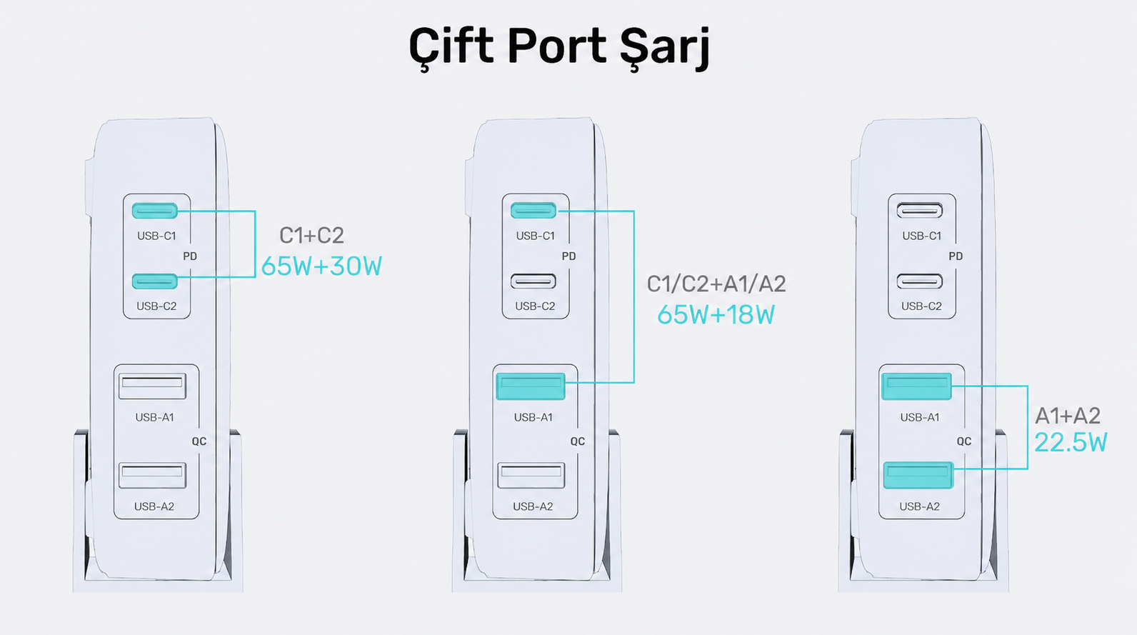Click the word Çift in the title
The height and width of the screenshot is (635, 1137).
451,46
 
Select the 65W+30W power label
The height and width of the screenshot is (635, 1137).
322,266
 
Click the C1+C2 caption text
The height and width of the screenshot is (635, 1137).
311,236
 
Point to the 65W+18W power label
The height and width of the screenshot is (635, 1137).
716,314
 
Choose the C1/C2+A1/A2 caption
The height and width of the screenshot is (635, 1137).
716,284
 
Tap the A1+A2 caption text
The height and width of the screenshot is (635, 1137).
1068,416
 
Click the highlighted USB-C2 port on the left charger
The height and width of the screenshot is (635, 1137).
155,281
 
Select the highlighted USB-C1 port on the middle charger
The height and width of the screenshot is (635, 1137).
534,210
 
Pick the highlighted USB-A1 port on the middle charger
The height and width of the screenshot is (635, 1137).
531,386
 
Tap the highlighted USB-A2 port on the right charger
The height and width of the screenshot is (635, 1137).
918,475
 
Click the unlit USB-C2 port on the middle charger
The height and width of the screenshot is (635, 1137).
534,281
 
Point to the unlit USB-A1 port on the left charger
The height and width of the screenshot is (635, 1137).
152,386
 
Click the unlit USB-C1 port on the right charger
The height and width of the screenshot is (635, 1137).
920,210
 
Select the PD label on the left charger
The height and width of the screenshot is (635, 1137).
190,256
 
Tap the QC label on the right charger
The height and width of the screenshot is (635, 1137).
964,441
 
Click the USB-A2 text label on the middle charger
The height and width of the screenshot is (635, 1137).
533,506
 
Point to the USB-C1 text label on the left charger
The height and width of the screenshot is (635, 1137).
156,236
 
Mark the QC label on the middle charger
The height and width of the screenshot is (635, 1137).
578,441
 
